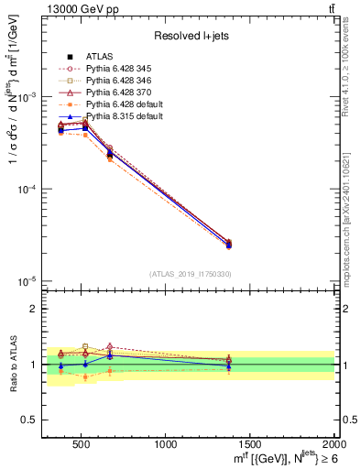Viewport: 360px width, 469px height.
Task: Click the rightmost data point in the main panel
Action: tap(229, 244)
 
